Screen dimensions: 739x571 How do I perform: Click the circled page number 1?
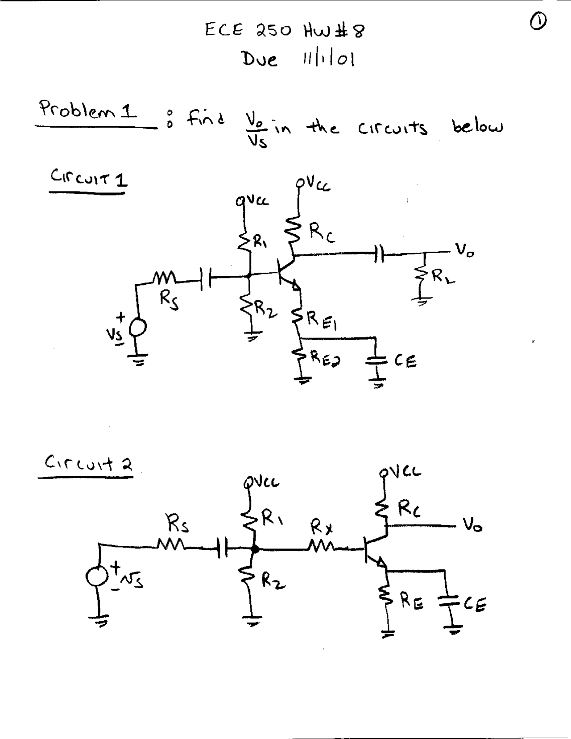(x=538, y=20)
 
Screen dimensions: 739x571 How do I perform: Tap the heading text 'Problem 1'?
(x=88, y=110)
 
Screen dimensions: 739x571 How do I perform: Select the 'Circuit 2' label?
(x=88, y=463)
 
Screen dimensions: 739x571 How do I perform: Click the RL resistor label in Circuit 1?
(x=443, y=277)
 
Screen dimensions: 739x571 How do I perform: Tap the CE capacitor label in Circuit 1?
(x=405, y=360)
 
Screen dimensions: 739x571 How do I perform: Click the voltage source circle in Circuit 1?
(x=137, y=329)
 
